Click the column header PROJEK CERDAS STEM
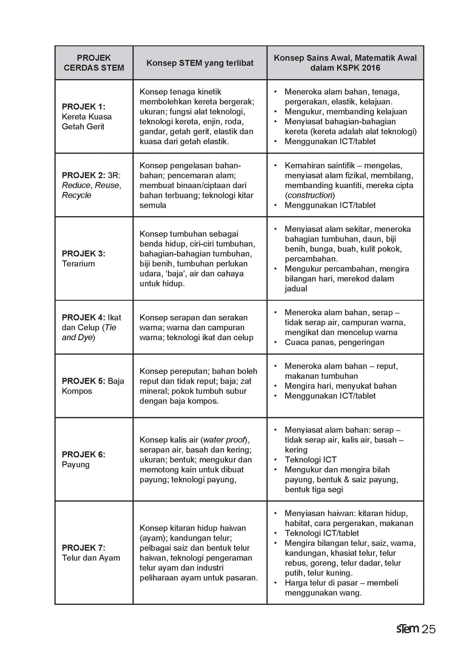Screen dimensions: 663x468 pyautogui.click(x=94, y=63)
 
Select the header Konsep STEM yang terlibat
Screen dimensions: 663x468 pyautogui.click(x=200, y=63)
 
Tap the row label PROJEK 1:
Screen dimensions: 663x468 pyautogui.click(x=84, y=107)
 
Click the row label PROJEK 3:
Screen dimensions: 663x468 pyautogui.click(x=84, y=253)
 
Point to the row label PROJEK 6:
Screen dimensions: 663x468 pyautogui.click(x=84, y=455)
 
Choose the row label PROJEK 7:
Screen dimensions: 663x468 pyautogui.click(x=84, y=548)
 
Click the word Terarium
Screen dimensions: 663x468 pyautogui.click(x=78, y=264)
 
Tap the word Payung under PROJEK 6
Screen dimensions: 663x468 pyautogui.click(x=75, y=465)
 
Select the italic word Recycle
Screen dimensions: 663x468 pyautogui.click(x=76, y=195)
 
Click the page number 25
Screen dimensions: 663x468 pyautogui.click(x=429, y=629)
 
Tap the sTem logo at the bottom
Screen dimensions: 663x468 pyautogui.click(x=407, y=629)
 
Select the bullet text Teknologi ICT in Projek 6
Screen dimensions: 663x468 pyautogui.click(x=311, y=460)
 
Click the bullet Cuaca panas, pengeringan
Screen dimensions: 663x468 pyautogui.click(x=334, y=342)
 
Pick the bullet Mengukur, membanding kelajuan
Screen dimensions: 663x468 pyautogui.click(x=346, y=112)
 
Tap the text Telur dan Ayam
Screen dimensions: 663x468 pyautogui.click(x=91, y=558)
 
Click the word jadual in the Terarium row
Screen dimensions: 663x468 pyautogui.click(x=296, y=289)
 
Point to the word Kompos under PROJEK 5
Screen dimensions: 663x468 pyautogui.click(x=77, y=391)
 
